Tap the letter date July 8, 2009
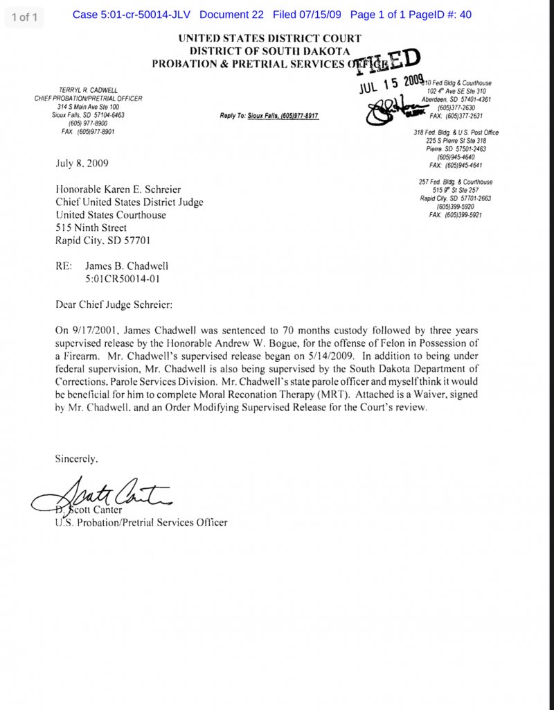(82, 164)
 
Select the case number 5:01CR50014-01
(127, 279)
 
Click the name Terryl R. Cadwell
(88, 90)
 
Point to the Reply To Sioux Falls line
(269, 116)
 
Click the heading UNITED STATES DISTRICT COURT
(269, 39)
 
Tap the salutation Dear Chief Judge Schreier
(114, 304)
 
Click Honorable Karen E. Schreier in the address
(118, 189)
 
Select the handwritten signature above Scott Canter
(104, 495)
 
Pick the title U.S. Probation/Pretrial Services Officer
(141, 522)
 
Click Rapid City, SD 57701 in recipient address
(102, 241)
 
